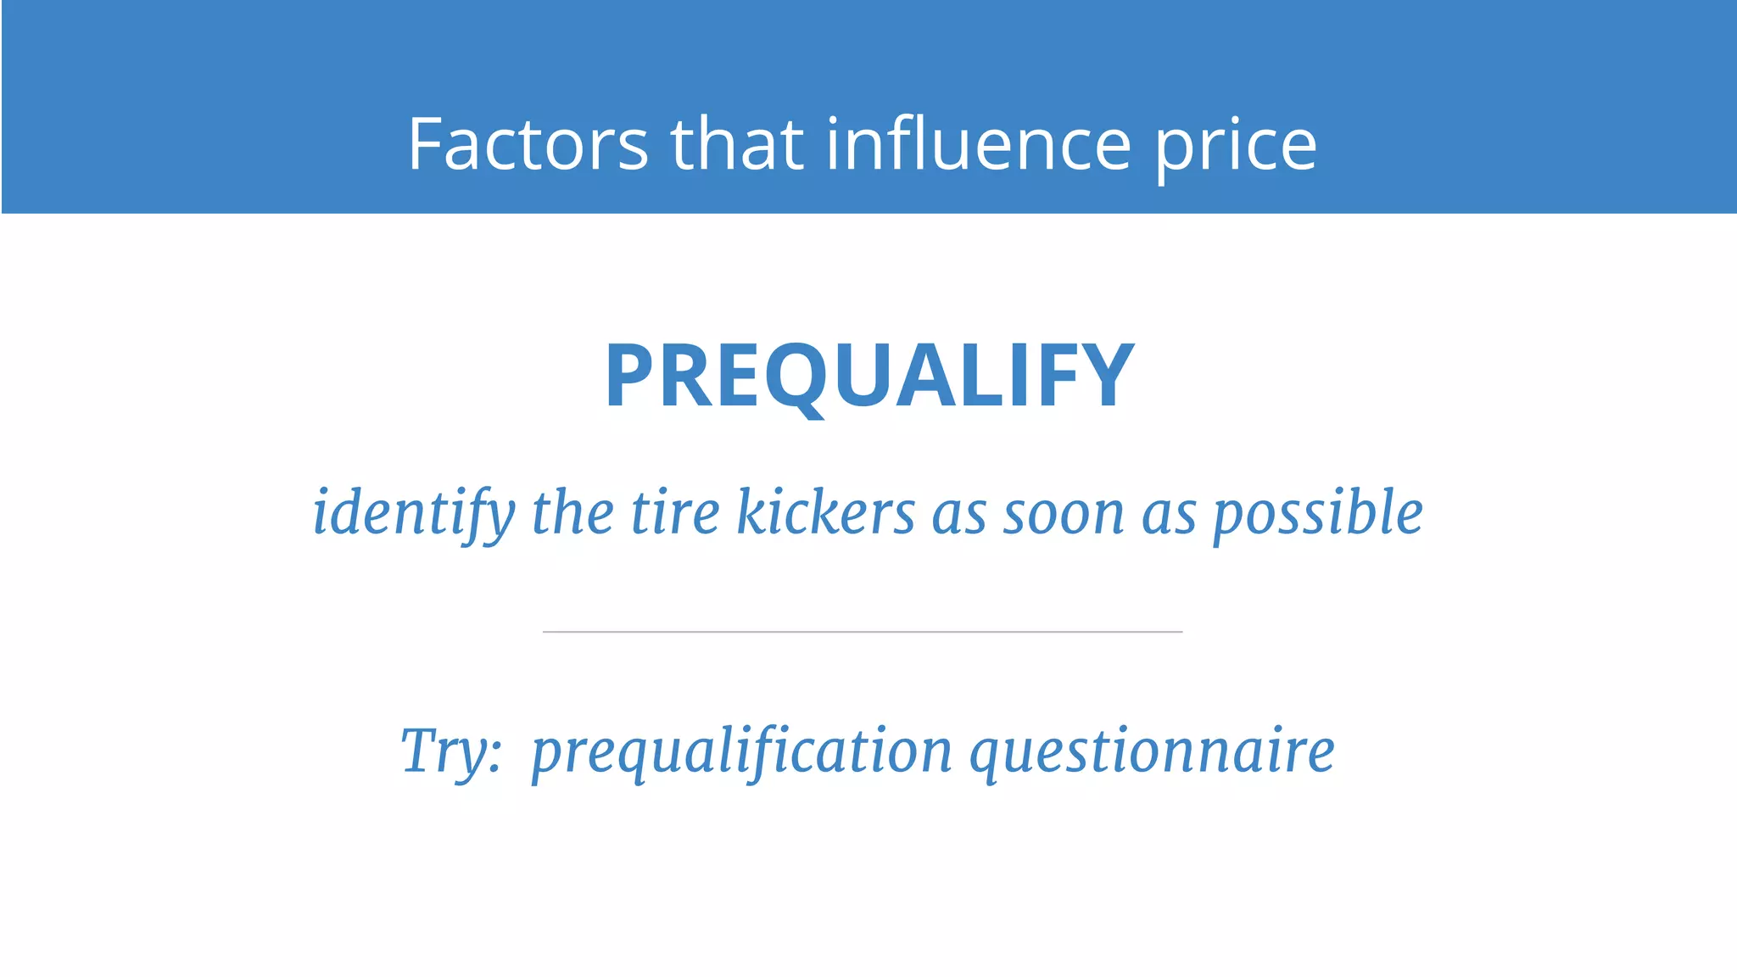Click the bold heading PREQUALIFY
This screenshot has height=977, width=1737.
[x=869, y=376]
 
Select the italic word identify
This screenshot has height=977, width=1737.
[x=414, y=514]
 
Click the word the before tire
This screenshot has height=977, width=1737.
[x=572, y=512]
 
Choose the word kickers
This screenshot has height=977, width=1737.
[x=825, y=512]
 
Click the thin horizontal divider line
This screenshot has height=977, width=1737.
[x=863, y=632]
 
